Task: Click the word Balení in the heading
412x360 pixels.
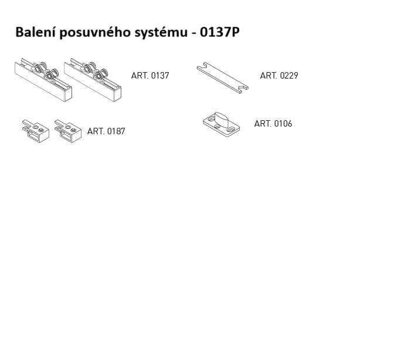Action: click(x=36, y=32)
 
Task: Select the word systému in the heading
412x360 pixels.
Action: click(x=161, y=33)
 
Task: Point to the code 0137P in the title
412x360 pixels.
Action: click(x=220, y=32)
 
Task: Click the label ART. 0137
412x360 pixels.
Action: click(x=150, y=76)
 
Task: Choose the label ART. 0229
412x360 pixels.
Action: click(x=279, y=76)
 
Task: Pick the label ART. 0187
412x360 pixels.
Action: click(x=106, y=131)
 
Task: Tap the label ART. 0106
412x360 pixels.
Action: click(x=273, y=124)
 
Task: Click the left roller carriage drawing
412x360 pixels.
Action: click(x=43, y=80)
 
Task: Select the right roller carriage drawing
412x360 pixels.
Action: click(x=93, y=80)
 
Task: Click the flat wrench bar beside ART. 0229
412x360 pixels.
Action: click(x=223, y=77)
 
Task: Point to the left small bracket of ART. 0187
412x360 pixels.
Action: click(x=36, y=131)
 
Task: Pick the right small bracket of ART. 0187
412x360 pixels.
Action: click(x=68, y=131)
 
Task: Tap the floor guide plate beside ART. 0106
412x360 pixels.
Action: click(x=222, y=124)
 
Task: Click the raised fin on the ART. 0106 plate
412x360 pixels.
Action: click(x=222, y=118)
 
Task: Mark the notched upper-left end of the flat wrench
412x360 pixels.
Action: click(x=203, y=66)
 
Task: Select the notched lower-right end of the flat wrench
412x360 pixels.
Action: click(x=243, y=89)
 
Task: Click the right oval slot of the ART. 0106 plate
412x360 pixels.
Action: click(x=231, y=130)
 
